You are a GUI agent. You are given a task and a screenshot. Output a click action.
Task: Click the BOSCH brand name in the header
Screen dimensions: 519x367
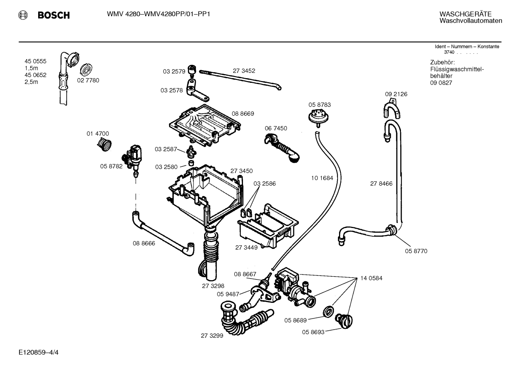[54, 15]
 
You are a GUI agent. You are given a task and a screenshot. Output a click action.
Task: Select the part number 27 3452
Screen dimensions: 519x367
[244, 71]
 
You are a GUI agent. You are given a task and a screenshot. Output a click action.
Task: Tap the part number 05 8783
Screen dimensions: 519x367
[320, 105]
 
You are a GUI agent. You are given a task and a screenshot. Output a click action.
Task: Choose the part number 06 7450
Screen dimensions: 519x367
[276, 129]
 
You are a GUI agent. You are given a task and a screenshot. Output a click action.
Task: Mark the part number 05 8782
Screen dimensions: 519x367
[111, 166]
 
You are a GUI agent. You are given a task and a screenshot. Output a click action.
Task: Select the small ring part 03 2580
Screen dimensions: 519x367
[191, 163]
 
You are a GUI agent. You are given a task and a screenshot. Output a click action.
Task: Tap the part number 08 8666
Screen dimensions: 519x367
[144, 243]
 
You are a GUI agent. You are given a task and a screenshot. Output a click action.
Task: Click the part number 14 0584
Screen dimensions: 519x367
[371, 278]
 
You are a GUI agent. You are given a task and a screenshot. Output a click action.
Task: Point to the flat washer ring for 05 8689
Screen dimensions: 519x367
[328, 312]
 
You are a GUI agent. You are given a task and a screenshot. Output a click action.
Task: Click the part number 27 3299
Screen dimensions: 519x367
[212, 336]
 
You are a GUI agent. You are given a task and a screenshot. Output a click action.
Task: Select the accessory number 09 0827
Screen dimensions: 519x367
[441, 83]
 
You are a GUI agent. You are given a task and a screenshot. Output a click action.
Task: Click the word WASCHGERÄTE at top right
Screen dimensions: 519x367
[465, 14]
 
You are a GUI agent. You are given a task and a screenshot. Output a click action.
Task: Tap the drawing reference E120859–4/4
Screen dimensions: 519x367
[39, 353]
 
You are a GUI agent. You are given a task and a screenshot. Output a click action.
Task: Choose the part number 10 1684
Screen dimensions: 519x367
[322, 178]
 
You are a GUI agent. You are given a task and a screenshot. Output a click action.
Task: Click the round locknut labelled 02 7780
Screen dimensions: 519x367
[86, 70]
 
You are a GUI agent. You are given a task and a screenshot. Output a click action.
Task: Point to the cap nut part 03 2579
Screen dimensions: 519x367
[192, 70]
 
